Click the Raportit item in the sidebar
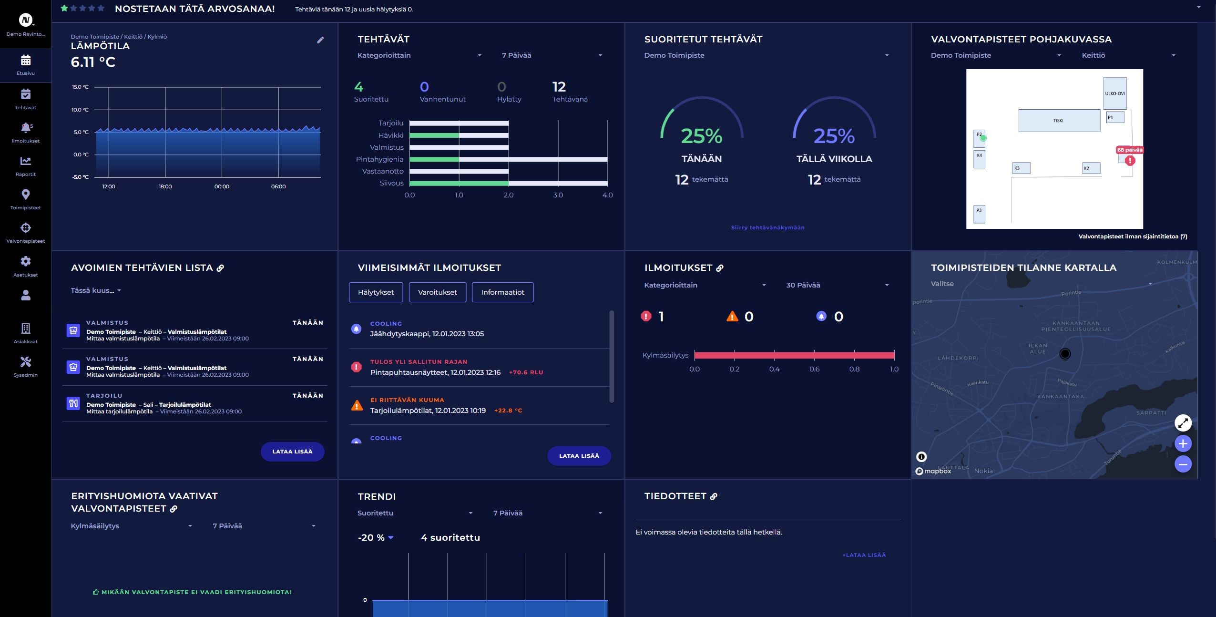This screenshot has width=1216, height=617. [x=26, y=166]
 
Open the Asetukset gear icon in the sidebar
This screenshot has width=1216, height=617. [x=26, y=261]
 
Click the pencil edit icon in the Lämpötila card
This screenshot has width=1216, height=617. [x=320, y=40]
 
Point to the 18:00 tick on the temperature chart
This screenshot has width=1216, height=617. [x=165, y=186]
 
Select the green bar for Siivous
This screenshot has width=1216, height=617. [x=459, y=183]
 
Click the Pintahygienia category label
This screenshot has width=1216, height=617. [x=379, y=159]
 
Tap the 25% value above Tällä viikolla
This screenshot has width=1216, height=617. [x=834, y=136]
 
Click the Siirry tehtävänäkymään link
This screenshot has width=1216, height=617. [x=767, y=227]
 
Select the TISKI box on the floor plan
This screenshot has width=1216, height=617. [x=1059, y=121]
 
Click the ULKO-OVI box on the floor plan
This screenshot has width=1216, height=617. [x=1114, y=93]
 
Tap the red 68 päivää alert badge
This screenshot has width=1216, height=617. [x=1130, y=150]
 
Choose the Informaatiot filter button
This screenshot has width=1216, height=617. [x=502, y=292]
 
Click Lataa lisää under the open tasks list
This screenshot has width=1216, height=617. [x=292, y=452]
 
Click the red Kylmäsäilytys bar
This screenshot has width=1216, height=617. [x=794, y=355]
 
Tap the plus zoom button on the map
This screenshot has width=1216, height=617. [x=1183, y=443]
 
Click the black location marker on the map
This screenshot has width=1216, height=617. [x=1064, y=354]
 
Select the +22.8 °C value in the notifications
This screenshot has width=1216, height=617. [x=508, y=411]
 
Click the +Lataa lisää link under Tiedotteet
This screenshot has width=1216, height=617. [x=864, y=555]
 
